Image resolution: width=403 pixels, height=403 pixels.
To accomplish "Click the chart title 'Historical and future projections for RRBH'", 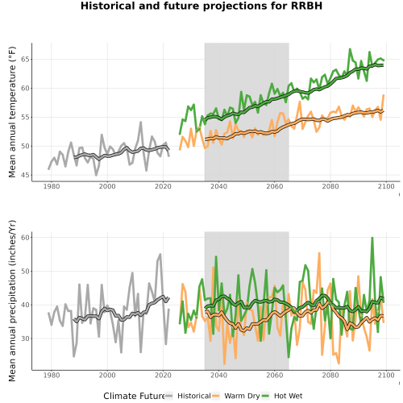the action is (201, 6).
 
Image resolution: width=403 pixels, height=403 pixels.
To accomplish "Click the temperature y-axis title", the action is (12, 112).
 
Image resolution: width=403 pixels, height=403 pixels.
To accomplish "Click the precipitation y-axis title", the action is (12, 301).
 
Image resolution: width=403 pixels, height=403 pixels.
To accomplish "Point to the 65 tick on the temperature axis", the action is (25, 59).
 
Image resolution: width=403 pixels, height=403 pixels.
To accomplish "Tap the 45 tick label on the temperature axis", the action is (25, 175).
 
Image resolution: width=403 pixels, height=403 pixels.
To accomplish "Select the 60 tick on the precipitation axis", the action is (25, 238).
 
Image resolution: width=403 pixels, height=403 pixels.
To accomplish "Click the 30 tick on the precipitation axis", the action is (25, 339).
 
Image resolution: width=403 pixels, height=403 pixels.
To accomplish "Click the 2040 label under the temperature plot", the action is (218, 186).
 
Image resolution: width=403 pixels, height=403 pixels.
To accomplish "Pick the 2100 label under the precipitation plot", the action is (386, 375).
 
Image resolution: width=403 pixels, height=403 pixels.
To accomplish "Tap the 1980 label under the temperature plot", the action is (52, 186).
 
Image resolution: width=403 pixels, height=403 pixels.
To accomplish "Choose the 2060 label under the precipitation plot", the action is (275, 375).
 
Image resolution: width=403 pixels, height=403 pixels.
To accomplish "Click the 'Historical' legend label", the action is (194, 396).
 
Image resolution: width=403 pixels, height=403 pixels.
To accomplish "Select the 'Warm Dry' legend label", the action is (242, 396).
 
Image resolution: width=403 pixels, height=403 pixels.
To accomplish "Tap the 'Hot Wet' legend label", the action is (288, 396).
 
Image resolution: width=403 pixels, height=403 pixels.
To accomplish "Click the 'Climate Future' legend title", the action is (134, 396).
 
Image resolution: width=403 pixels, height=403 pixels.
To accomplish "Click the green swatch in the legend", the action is (265, 396).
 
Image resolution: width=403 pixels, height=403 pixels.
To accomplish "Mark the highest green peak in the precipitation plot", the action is (372, 238).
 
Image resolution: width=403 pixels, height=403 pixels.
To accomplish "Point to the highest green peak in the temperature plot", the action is (350, 49).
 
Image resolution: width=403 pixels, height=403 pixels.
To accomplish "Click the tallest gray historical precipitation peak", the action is (160, 254).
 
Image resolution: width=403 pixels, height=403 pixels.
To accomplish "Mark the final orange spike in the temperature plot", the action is (384, 95).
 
